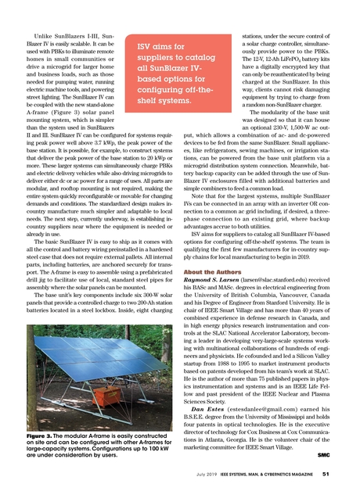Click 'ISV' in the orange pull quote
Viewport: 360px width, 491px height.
148,48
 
